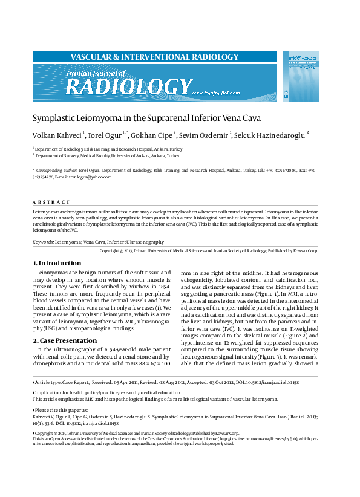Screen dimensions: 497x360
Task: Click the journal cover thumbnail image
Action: [x=301, y=76]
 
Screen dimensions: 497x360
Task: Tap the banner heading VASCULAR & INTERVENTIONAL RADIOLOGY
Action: [x=154, y=57]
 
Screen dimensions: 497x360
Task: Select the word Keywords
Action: [x=42, y=241]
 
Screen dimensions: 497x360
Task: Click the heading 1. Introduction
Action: [x=56, y=263]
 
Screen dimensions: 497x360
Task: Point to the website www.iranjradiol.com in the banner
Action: [x=216, y=93]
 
